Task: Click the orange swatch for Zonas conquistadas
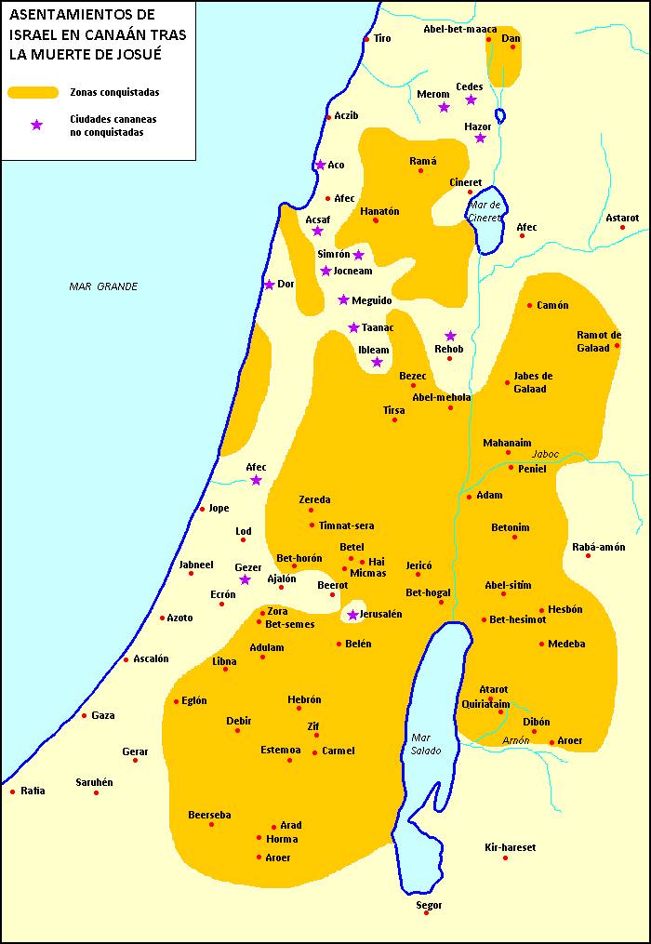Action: tap(33, 92)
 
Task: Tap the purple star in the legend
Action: tap(36, 125)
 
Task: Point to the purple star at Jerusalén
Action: tap(352, 615)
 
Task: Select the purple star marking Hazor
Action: tap(480, 138)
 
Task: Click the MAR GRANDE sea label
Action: tap(103, 286)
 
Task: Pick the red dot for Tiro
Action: tap(366, 39)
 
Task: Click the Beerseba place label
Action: tap(209, 815)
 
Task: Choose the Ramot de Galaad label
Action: tap(599, 341)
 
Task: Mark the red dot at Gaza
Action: tap(84, 715)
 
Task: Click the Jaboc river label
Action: tap(546, 454)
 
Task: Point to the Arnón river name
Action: tap(515, 740)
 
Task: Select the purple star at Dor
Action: tap(269, 285)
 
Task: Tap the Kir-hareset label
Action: tap(511, 847)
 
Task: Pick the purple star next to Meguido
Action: tap(343, 299)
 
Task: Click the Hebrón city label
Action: tap(304, 699)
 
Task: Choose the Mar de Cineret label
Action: tap(485, 210)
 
